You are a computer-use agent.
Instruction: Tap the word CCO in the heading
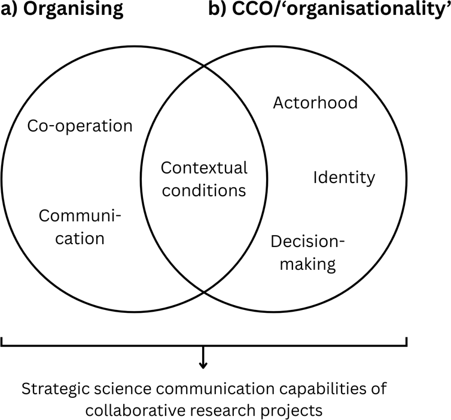pos(249,8)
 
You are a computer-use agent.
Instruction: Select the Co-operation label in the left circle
pos(80,126)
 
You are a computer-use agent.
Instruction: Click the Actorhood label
pos(316,103)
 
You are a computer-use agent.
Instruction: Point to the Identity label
pos(345,178)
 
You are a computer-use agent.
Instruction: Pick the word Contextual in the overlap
pos(204,168)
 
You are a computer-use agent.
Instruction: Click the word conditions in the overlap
pos(204,190)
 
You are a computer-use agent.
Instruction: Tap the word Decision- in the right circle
pos(307,241)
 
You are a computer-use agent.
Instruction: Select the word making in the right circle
pos(308,264)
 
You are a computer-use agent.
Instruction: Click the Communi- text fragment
pos(80,216)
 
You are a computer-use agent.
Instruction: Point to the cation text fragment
pos(80,239)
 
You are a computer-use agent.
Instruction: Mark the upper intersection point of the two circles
pos(204,66)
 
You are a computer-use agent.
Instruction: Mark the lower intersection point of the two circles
pos(204,293)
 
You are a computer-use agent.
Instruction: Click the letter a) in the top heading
pos(10,9)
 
